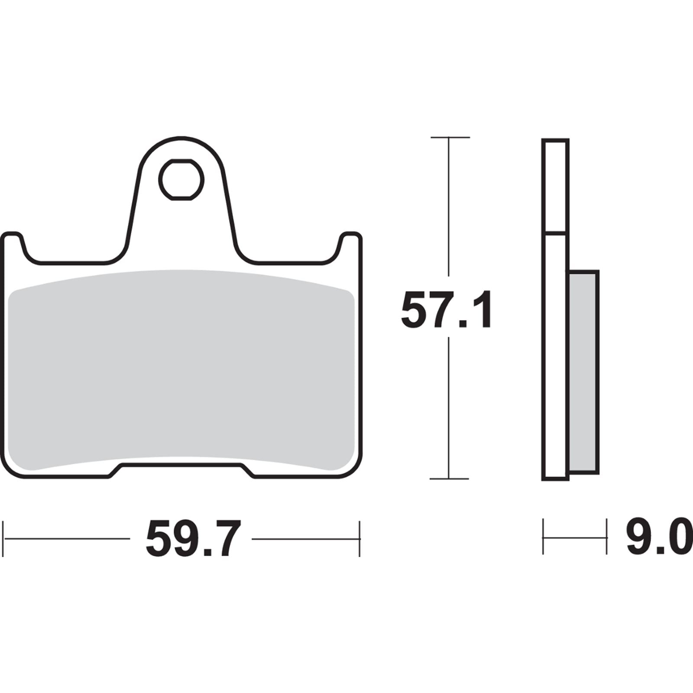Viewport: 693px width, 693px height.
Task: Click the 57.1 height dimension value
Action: click(x=446, y=311)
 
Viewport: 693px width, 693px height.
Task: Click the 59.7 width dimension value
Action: click(x=192, y=540)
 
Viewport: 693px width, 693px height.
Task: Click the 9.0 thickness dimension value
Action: click(x=657, y=539)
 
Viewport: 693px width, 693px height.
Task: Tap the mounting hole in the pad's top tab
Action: click(x=181, y=179)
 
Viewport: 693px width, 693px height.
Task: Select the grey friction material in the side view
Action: click(x=583, y=372)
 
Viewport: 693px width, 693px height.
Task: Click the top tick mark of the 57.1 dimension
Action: click(x=450, y=137)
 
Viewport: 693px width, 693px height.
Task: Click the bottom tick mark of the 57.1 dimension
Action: click(x=449, y=479)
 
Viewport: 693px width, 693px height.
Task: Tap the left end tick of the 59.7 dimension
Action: click(x=4, y=539)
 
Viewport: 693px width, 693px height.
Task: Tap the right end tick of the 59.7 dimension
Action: click(x=359, y=539)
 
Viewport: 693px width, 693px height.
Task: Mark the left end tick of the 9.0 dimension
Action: click(x=543, y=538)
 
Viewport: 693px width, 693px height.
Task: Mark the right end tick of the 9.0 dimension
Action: click(x=606, y=538)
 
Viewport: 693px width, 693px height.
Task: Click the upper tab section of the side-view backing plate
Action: click(x=555, y=186)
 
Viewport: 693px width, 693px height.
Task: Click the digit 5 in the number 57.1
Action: click(x=415, y=311)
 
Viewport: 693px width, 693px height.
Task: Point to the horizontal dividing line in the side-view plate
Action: click(x=555, y=233)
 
